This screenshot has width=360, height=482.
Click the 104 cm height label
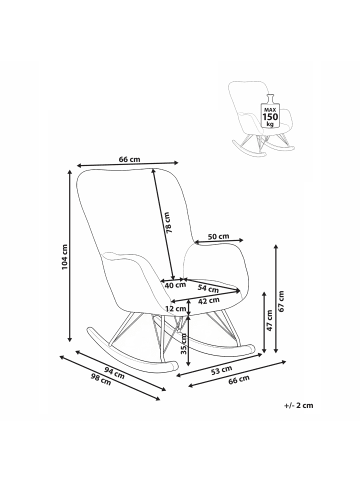65,257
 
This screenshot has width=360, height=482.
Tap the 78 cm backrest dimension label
168,222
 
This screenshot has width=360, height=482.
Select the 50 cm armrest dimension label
219,236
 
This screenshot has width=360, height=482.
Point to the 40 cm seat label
175,285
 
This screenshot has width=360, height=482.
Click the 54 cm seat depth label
207,289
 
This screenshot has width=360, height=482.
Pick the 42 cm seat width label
209,301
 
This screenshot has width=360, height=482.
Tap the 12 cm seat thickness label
176,309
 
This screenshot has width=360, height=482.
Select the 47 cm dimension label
270,320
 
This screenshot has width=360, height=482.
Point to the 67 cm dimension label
282,301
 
